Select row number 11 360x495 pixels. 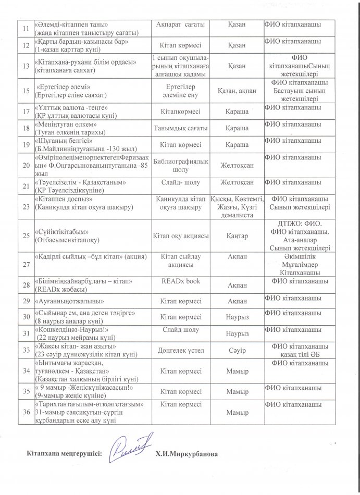tap(24, 28)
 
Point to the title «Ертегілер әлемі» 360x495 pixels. tap(63, 87)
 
